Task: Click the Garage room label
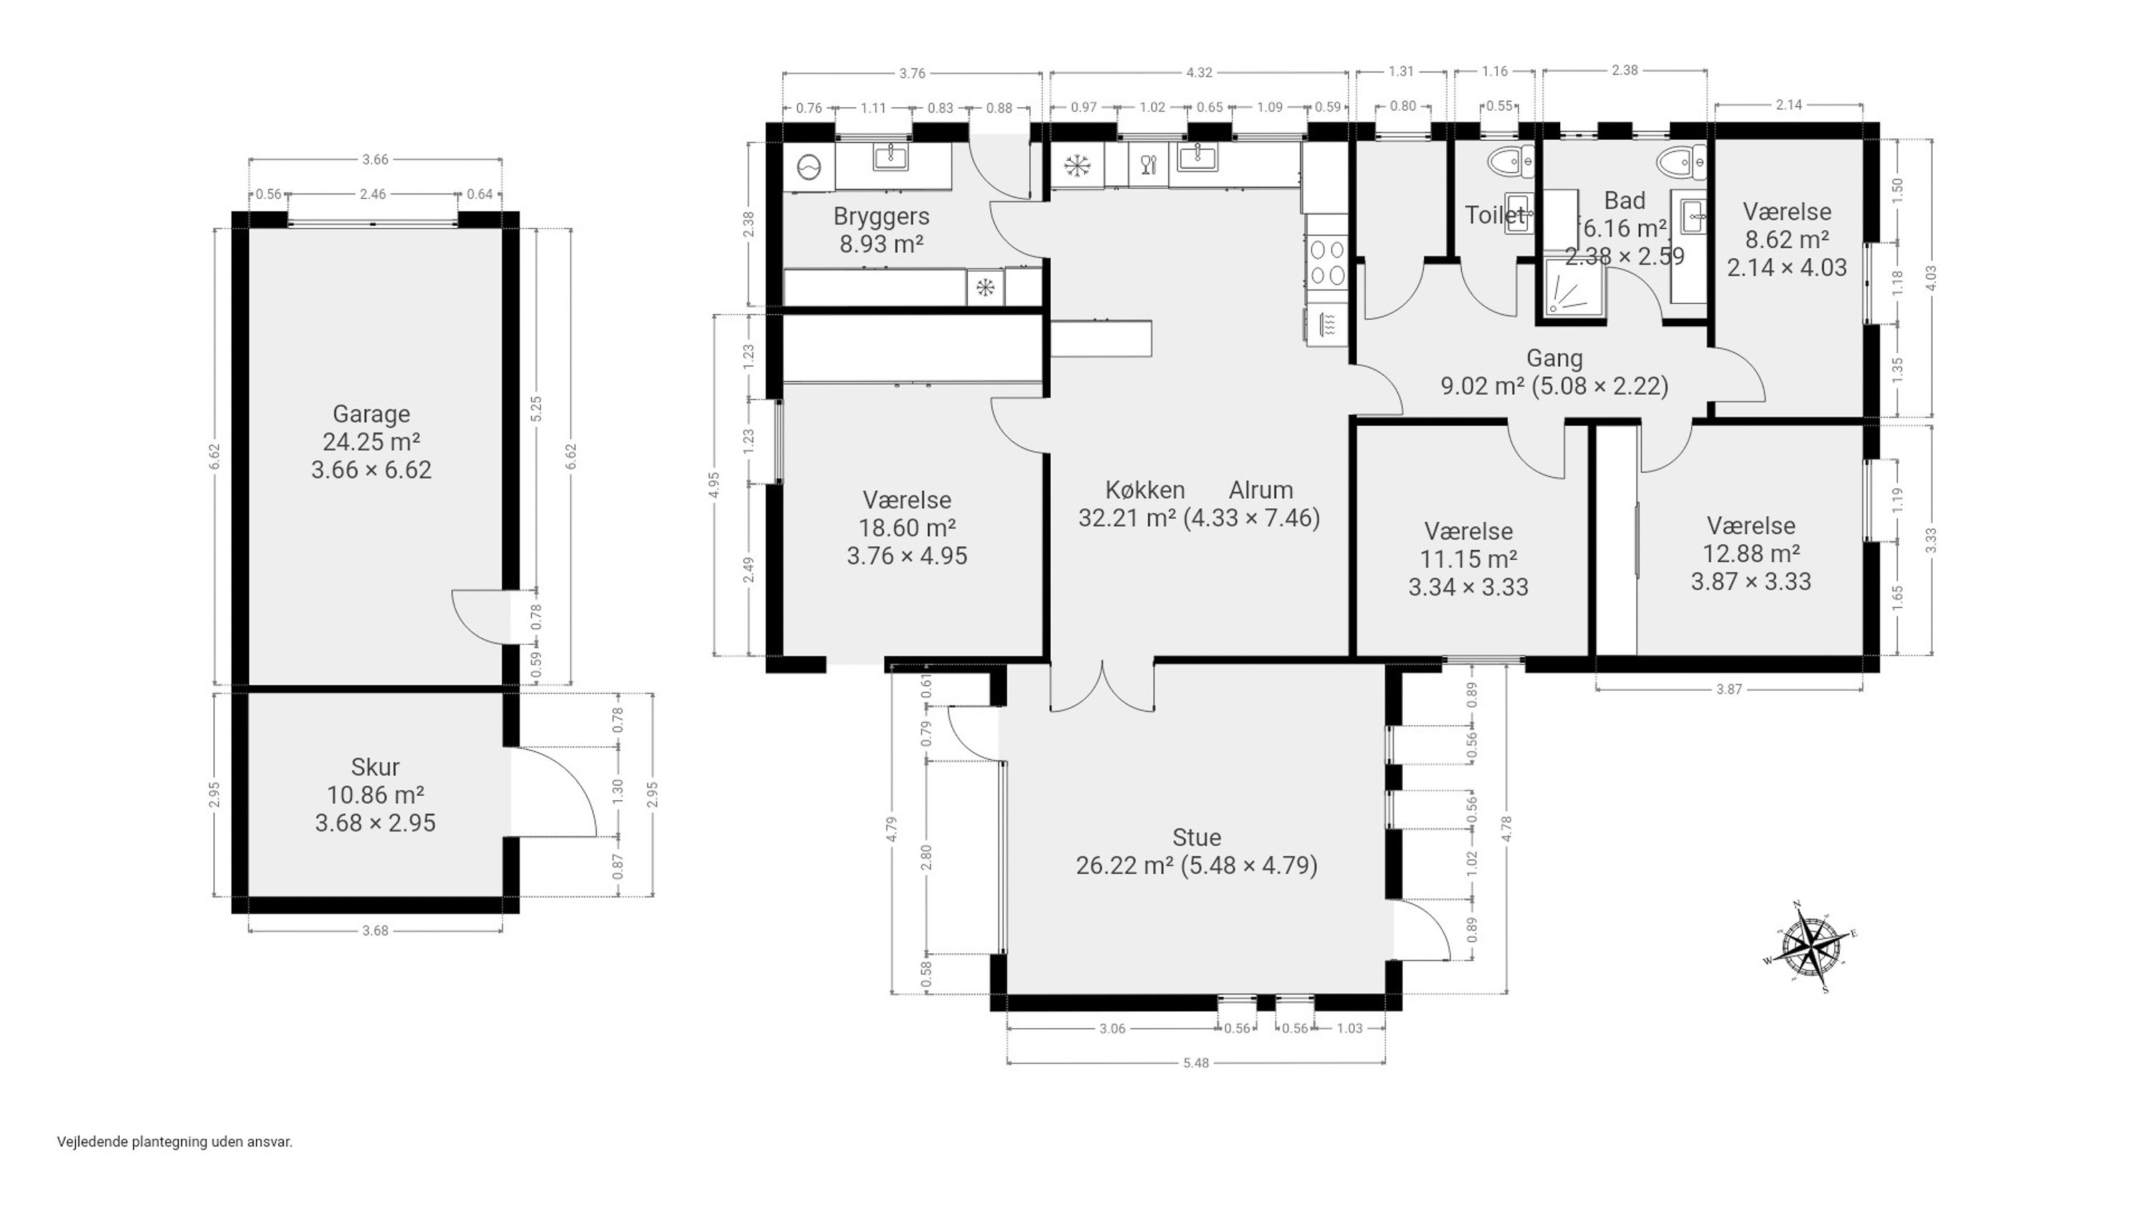tap(371, 414)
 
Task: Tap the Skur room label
tap(375, 767)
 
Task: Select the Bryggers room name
tap(881, 217)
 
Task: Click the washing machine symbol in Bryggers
tap(809, 167)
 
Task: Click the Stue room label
tap(1196, 838)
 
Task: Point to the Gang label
tap(1554, 358)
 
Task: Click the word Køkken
tap(1145, 490)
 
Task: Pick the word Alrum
tap(1260, 490)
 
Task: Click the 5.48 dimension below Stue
tap(1195, 1063)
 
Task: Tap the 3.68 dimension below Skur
tap(375, 930)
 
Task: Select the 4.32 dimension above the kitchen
tap(1199, 72)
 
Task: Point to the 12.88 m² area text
tap(1750, 554)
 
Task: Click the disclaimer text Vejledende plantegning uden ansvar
tap(175, 1142)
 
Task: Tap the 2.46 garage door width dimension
tap(373, 194)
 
